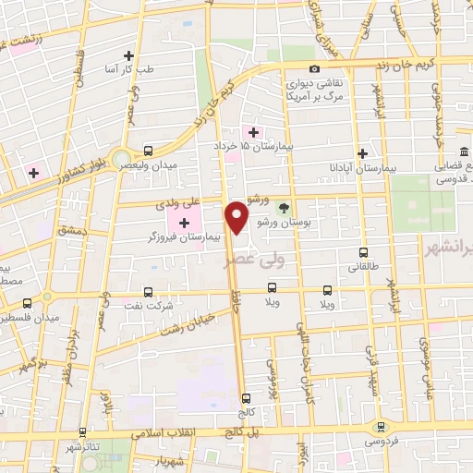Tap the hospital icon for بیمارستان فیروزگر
tap(184, 222)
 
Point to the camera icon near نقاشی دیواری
tap(315, 69)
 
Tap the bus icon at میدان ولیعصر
tap(149, 149)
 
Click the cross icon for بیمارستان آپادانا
tap(363, 153)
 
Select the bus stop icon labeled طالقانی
tap(363, 250)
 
